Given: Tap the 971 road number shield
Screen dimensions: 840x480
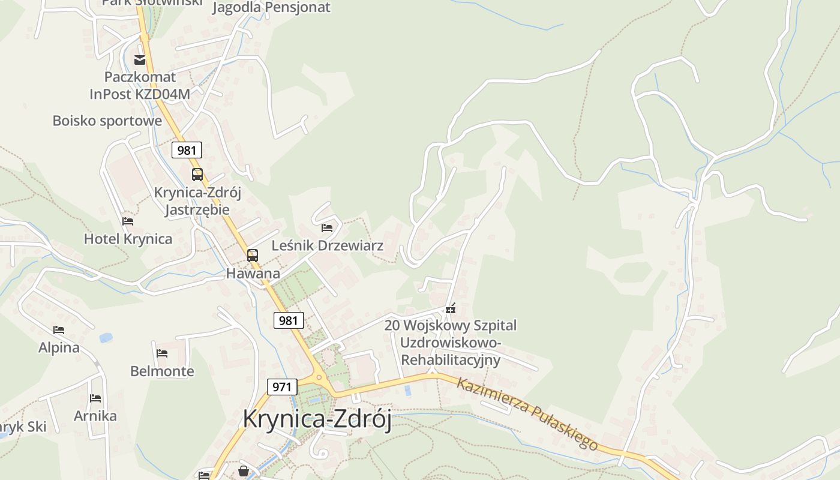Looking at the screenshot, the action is tap(281, 386).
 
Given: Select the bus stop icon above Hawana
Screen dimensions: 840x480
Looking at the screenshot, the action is tap(253, 256).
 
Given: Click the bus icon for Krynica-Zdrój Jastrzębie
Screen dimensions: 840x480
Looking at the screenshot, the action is tap(197, 175).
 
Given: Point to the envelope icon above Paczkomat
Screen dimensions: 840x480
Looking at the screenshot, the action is tap(140, 59).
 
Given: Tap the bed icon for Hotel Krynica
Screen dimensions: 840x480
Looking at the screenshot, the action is tap(128, 221).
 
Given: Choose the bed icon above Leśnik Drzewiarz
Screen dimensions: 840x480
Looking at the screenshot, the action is tap(327, 228).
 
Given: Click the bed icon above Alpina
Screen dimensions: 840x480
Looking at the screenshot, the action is tap(59, 330).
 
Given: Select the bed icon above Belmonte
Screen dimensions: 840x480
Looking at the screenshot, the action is tap(162, 353).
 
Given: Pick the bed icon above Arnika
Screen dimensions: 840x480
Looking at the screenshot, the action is tap(95, 398).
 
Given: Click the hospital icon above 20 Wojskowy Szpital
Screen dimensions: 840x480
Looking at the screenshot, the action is tap(451, 309).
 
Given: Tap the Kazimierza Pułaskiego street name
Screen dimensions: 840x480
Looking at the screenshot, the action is tap(527, 414).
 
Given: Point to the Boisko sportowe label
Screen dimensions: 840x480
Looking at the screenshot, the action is tap(107, 121).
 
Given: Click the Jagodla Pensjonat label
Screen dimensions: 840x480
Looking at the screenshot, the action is tap(271, 8).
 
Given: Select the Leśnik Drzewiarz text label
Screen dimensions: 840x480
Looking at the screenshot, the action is tap(328, 245).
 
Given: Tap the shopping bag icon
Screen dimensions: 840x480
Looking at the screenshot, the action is tap(244, 471).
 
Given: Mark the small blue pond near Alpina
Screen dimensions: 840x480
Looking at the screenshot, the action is tap(106, 338).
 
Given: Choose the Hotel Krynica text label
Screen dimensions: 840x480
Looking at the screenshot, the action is tap(128, 239).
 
